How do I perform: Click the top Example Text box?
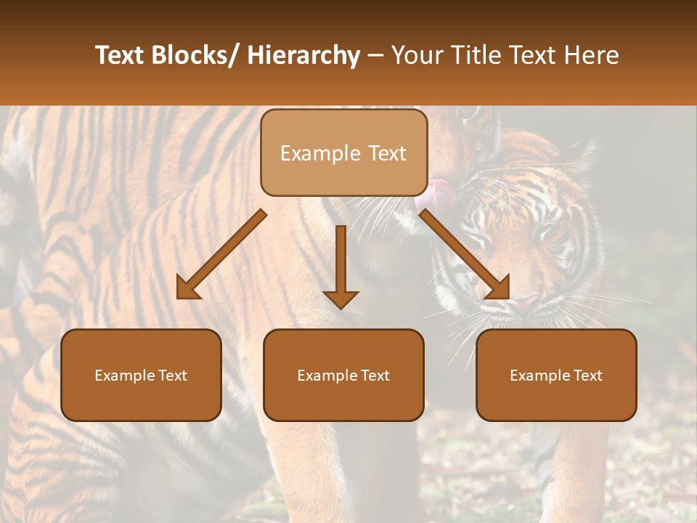pyautogui.click(x=343, y=153)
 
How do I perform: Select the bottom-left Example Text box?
pyautogui.click(x=141, y=375)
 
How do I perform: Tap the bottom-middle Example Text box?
pyautogui.click(x=343, y=375)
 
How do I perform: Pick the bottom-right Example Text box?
pyautogui.click(x=556, y=375)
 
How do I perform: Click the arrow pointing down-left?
pyautogui.click(x=221, y=255)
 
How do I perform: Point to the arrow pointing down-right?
pyautogui.click(x=464, y=254)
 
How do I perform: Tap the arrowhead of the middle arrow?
pyautogui.click(x=341, y=299)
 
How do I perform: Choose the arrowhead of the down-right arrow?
pyautogui.click(x=497, y=288)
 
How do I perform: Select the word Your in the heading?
pyautogui.click(x=415, y=55)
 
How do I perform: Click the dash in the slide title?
pyautogui.click(x=375, y=55)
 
